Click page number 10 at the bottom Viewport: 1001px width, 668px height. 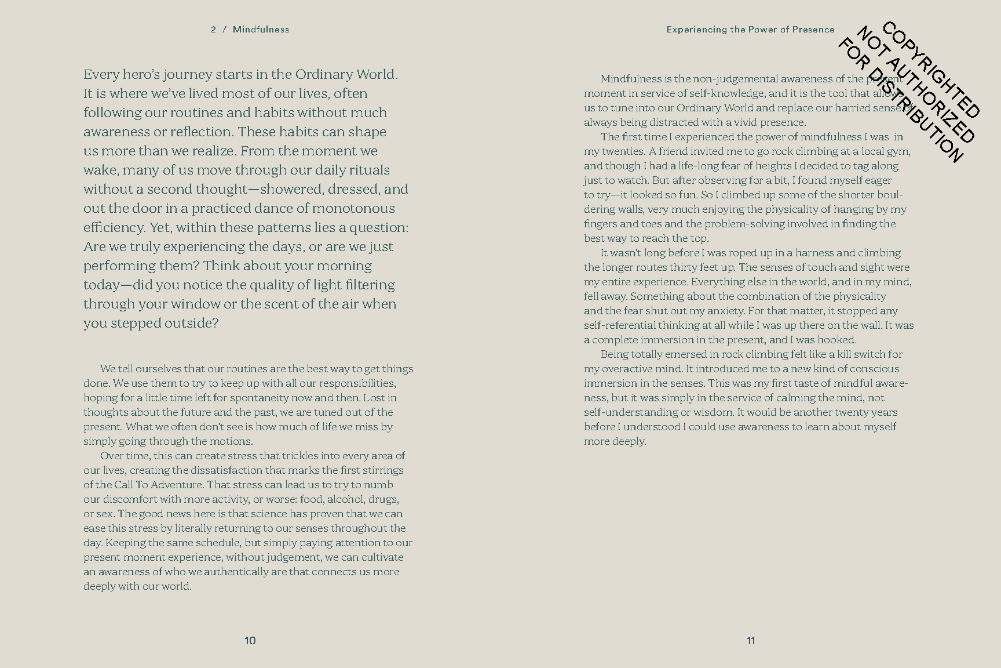[250, 641]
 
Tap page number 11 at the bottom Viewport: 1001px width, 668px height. [751, 641]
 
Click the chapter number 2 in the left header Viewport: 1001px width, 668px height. [214, 30]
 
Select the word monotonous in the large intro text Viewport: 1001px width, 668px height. [353, 208]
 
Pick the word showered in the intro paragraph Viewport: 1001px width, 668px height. [284, 189]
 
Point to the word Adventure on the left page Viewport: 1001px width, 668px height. [176, 485]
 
